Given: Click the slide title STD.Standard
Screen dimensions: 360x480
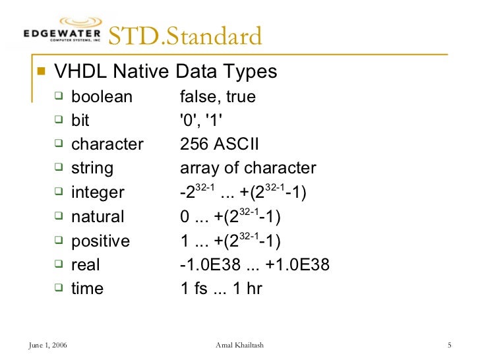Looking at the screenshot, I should click(x=185, y=36).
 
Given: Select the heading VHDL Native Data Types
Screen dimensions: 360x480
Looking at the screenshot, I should click(x=165, y=71).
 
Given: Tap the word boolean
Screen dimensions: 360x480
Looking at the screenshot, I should click(x=102, y=97).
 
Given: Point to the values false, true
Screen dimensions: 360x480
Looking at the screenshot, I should click(x=218, y=97).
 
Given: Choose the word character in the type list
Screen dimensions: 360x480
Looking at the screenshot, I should click(x=107, y=144).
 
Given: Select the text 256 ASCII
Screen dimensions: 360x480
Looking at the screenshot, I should click(x=220, y=144).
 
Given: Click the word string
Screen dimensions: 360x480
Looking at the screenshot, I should click(x=92, y=168).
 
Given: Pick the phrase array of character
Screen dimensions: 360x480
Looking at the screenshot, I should click(x=248, y=168).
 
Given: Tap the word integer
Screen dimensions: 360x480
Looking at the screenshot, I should click(x=98, y=193).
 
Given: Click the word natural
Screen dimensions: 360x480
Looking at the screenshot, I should click(x=98, y=216).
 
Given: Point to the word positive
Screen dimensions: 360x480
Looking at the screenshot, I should click(x=100, y=241).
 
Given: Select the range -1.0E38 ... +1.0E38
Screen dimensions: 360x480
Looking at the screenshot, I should click(x=255, y=264).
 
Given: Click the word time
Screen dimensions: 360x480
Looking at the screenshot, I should click(x=87, y=288).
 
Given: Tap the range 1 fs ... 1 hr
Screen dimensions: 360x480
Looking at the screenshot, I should click(x=221, y=288).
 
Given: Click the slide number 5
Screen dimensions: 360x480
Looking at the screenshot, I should click(x=448, y=345).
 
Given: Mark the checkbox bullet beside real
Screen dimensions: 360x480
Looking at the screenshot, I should click(x=59, y=264).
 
